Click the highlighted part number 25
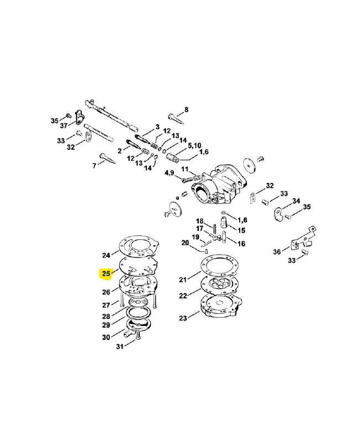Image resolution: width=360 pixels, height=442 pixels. coord(106,273)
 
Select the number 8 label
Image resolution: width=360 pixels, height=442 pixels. coord(186,109)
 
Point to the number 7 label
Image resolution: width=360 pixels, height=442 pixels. coord(94,165)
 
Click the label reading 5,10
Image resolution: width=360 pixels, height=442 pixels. coord(194,145)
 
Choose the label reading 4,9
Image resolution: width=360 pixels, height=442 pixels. coord(170,173)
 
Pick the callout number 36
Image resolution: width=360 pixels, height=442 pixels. coord(277,252)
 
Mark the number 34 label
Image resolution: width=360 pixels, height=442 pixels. coord(296,201)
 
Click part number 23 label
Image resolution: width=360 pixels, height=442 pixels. coord(182,318)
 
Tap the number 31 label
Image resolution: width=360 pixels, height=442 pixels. coord(119,346)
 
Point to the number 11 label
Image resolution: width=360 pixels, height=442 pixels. coord(185,169)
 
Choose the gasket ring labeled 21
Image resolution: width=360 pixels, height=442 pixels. coord(218,266)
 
